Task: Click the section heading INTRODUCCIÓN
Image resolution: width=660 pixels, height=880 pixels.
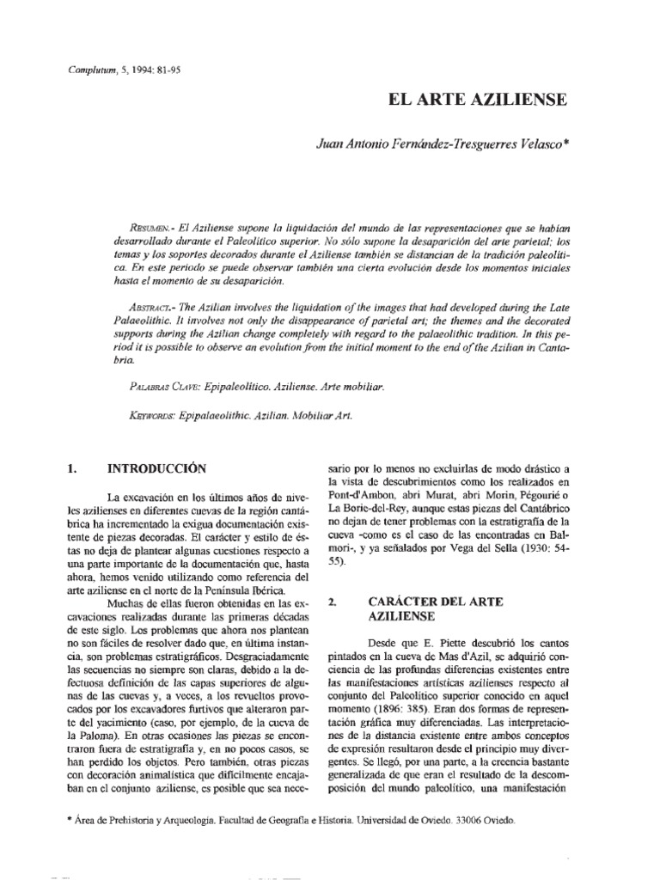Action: tap(157, 469)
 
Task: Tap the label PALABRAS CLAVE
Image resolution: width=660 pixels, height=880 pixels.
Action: tap(162, 387)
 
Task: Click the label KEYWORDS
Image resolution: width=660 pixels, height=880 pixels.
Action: tap(149, 414)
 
